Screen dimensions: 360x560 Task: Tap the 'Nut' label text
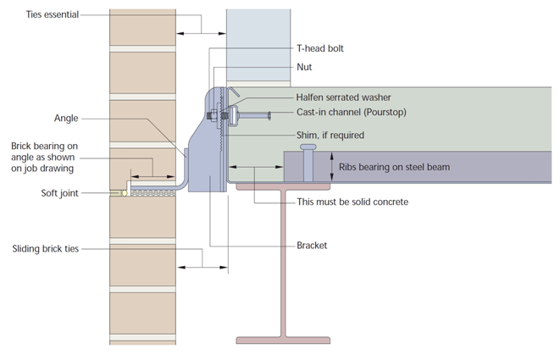[x=306, y=66]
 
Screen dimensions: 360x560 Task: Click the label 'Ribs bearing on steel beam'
[x=394, y=167]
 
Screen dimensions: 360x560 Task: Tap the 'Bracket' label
[x=312, y=246]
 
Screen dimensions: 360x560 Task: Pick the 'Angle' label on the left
[x=68, y=119]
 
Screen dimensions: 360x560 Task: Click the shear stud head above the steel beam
[x=307, y=148]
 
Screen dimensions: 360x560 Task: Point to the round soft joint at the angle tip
[x=125, y=193]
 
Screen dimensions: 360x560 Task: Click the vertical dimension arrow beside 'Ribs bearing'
[x=331, y=166]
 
